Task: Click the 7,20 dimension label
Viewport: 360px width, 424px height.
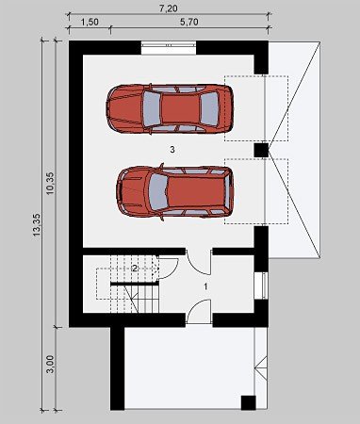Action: [x=169, y=8]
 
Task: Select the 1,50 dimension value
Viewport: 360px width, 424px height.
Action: [x=90, y=22]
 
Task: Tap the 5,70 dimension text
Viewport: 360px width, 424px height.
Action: [x=189, y=22]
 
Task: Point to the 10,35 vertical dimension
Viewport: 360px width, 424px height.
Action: [x=50, y=184]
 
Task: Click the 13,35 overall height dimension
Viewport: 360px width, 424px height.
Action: [x=37, y=224]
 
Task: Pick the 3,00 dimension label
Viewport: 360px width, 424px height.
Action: [x=50, y=365]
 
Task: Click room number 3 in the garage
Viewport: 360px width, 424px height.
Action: [x=172, y=150]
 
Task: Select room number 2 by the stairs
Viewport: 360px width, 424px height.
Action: [x=135, y=269]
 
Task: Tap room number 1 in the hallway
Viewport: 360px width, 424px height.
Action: [x=205, y=286]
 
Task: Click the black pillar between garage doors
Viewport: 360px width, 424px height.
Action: [x=261, y=150]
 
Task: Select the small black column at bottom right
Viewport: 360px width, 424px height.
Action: [x=248, y=402]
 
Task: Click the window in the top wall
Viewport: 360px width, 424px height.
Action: [x=169, y=48]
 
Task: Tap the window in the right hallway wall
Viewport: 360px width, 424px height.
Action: [x=263, y=285]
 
